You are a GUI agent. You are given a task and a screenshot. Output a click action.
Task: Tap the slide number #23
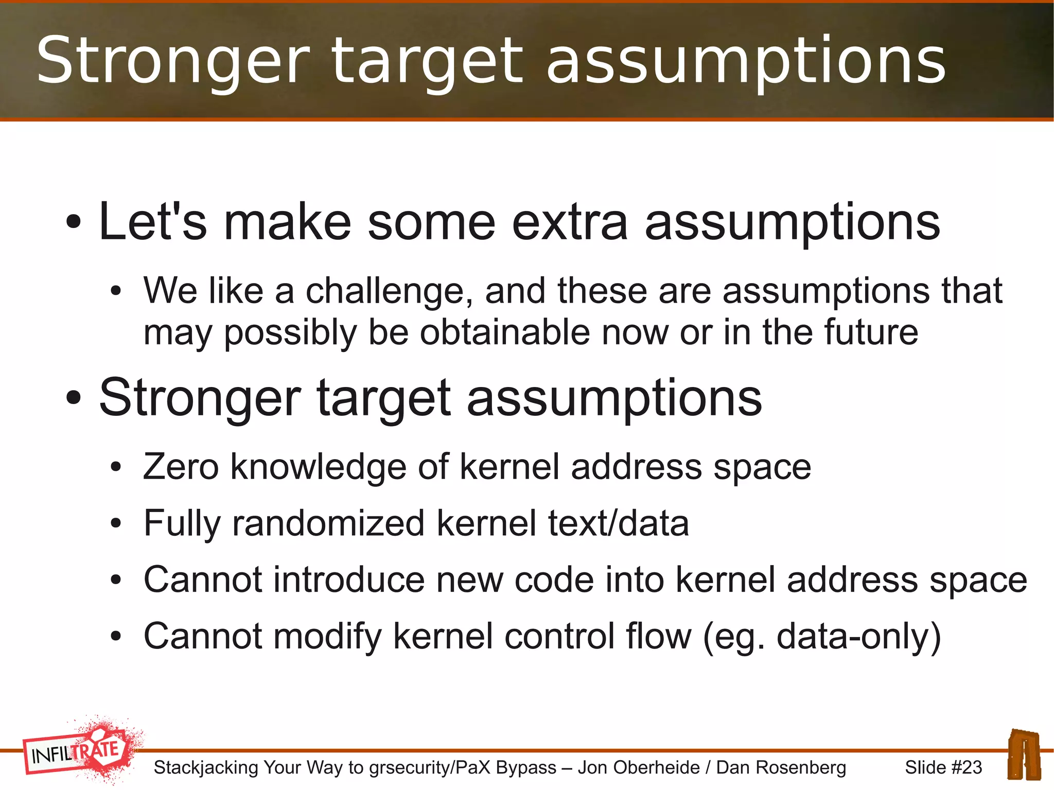click(x=966, y=767)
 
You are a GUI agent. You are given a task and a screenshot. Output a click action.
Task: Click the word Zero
click(x=181, y=467)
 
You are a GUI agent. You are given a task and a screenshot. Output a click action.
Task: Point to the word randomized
click(x=328, y=523)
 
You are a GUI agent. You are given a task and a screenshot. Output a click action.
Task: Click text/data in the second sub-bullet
click(x=618, y=523)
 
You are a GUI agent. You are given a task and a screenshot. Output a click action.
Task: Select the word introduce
click(x=348, y=580)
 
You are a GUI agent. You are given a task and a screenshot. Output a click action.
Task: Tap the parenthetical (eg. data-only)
click(x=822, y=637)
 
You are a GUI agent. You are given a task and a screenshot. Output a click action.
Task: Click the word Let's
click(x=152, y=222)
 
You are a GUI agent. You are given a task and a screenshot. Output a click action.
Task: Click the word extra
click(x=570, y=222)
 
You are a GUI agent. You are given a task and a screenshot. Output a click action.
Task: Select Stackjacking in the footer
click(x=206, y=767)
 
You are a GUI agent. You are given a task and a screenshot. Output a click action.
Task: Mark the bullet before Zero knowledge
click(x=116, y=468)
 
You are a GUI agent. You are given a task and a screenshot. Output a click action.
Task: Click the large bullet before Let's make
click(x=74, y=222)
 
